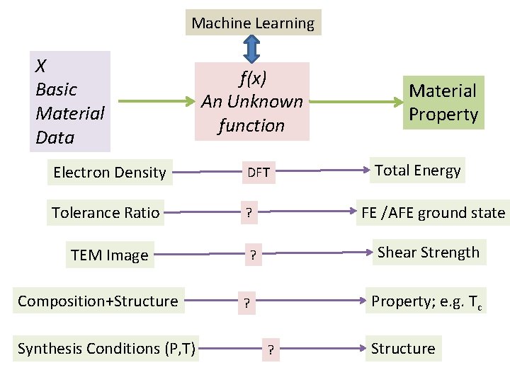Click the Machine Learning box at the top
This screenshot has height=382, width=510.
253,23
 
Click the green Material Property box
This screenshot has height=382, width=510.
443,103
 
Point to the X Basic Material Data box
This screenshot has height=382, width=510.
69,101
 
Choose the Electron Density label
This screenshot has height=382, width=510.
109,173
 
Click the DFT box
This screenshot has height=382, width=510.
258,173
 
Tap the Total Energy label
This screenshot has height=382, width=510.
418,170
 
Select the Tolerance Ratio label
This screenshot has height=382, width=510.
106,212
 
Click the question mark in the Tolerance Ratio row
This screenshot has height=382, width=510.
249,212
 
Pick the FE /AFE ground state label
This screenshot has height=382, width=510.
433,212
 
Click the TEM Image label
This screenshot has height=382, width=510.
109,255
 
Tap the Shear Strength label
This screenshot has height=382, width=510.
428,253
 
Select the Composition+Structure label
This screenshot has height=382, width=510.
98,301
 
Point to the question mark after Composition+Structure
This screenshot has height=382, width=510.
246,304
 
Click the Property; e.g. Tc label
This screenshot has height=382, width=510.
428,302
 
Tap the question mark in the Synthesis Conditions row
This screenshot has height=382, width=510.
271,350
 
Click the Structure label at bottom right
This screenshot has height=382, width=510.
403,348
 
